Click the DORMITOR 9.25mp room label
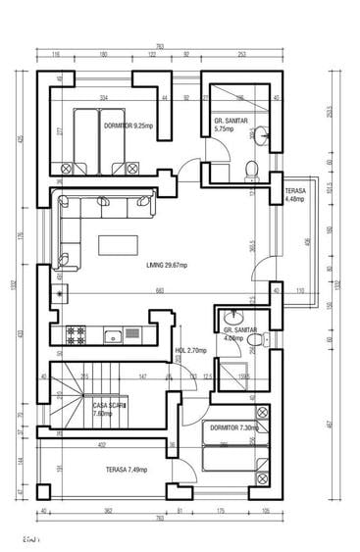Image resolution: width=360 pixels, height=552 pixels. tap(128, 125)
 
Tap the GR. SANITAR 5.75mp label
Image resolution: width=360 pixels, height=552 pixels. tap(231, 125)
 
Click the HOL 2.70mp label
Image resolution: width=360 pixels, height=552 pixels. tap(189, 349)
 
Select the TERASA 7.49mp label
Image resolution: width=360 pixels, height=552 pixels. tap(128, 470)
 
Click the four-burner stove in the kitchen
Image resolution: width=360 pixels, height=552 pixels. tap(77, 336)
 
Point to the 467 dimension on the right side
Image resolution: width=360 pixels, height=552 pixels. tap(330, 424)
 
